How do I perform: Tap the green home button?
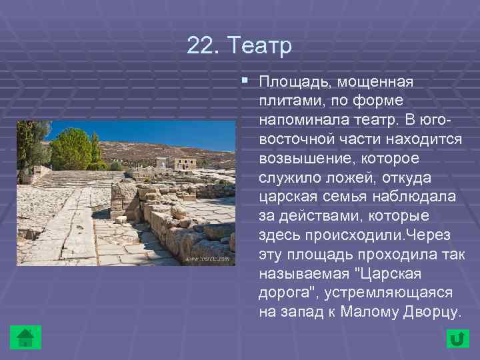click(x=26, y=337)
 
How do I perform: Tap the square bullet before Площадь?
click(x=245, y=81)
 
